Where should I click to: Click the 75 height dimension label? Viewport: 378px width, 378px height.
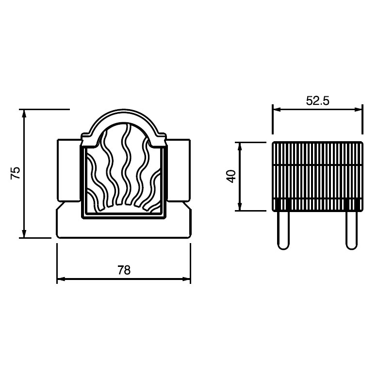pyautogui.click(x=16, y=173)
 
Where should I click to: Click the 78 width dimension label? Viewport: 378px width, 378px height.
pyautogui.click(x=124, y=270)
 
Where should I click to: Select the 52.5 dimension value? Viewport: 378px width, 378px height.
pyautogui.click(x=317, y=100)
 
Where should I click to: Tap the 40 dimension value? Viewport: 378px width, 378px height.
pyautogui.click(x=231, y=176)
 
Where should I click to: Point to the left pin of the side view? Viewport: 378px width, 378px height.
pyautogui.click(x=283, y=230)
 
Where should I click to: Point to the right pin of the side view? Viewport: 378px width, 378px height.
pyautogui.click(x=351, y=230)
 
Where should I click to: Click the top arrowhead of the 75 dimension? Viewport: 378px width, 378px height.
pyautogui.click(x=24, y=114)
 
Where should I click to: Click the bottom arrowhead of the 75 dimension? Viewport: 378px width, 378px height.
pyautogui.click(x=24, y=233)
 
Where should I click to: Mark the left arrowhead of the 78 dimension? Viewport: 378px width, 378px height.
pyautogui.click(x=61, y=279)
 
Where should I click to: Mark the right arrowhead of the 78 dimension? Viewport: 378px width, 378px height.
pyautogui.click(x=187, y=279)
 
